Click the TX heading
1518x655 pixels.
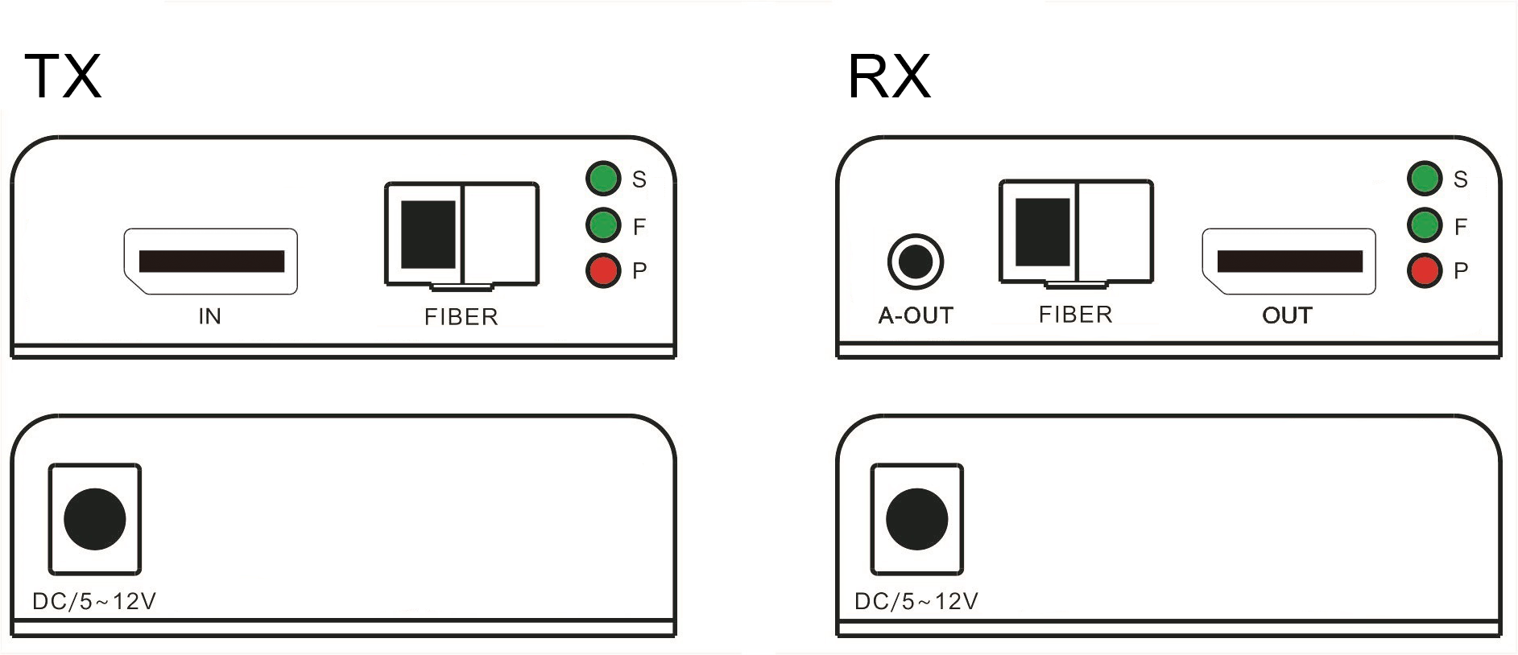[x=64, y=76]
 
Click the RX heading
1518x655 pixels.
[x=889, y=76]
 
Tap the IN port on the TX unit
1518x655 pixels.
[x=210, y=262]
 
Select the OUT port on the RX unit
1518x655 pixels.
[x=1288, y=262]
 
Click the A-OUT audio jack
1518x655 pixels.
[x=916, y=262]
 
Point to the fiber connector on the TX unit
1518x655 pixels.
[x=461, y=234]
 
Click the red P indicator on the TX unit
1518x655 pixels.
[x=603, y=270]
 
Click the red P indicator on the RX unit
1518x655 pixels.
[x=1425, y=270]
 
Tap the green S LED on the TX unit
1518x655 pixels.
[x=603, y=179]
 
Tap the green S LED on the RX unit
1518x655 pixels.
[x=1425, y=179]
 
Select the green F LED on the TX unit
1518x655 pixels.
[x=603, y=225]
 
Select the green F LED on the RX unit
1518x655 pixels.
[x=1425, y=225]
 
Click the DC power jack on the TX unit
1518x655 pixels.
[x=95, y=519]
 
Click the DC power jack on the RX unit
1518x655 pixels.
[x=916, y=519]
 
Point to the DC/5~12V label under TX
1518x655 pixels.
[x=94, y=601]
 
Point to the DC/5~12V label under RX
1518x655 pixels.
[x=916, y=601]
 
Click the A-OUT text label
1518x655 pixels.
[x=916, y=315]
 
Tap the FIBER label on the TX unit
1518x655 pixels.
[x=461, y=317]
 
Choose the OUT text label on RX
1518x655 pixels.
[x=1288, y=315]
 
